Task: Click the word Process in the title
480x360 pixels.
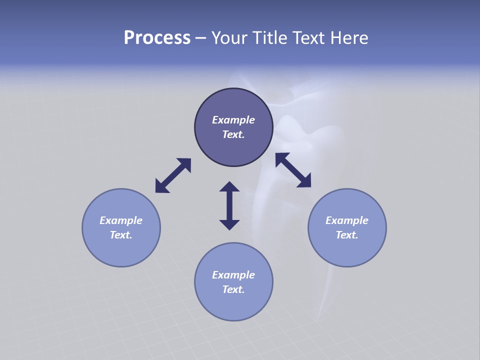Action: (157, 38)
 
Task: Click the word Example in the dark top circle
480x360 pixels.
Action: (233, 120)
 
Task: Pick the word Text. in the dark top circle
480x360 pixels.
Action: (233, 134)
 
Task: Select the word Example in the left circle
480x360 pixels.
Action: (121, 220)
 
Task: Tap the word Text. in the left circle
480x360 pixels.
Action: (121, 235)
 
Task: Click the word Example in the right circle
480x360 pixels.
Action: (347, 220)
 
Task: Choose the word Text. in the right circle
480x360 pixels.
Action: (347, 235)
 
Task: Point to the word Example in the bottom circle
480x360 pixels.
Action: (233, 275)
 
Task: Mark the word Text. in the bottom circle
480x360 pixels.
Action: (233, 289)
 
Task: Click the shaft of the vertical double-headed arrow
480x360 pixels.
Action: (229, 205)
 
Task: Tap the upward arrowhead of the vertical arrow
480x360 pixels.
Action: (229, 186)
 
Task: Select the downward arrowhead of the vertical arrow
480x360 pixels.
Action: (229, 224)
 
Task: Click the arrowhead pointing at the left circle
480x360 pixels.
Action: (161, 186)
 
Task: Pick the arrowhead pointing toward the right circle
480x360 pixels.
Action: (304, 181)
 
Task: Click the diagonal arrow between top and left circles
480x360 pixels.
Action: (173, 175)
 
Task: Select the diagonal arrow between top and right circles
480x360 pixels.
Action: (293, 170)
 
